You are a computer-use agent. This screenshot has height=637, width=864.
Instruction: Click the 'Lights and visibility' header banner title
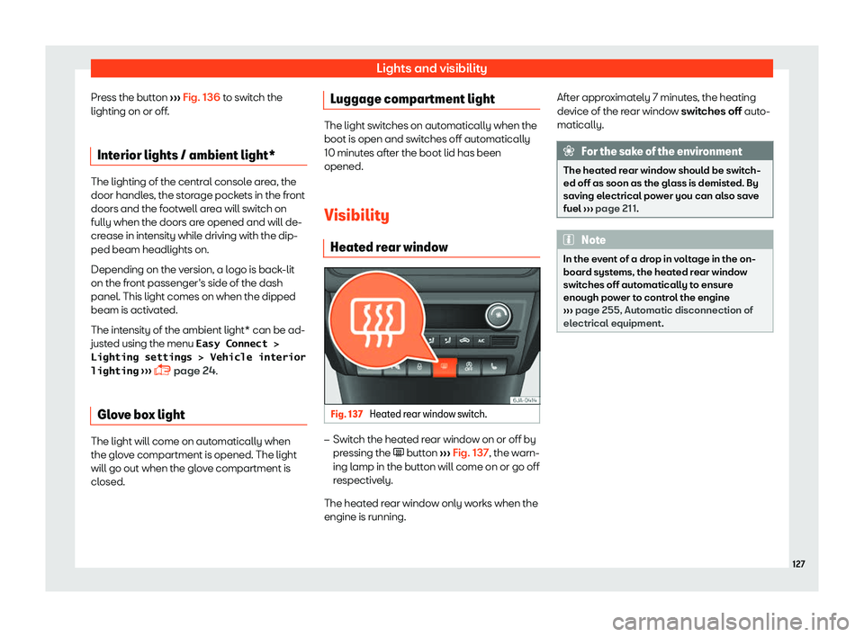pyautogui.click(x=431, y=68)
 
